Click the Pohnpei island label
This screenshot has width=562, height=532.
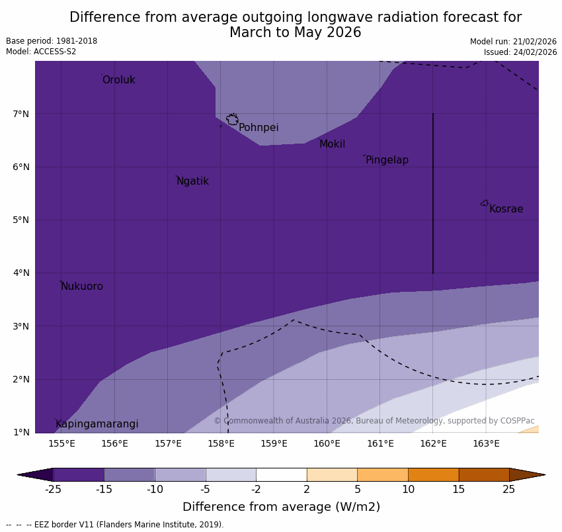coord(259,128)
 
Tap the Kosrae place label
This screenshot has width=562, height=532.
coord(506,209)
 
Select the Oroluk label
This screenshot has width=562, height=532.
coord(118,80)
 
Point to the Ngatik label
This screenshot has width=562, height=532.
coord(192,181)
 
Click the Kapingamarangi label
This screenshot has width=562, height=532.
coord(97,424)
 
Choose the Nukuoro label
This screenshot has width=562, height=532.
coord(82,287)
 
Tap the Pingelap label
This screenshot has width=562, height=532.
coord(387,160)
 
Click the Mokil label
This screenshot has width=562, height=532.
coord(332,144)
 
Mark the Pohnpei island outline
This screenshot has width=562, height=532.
coord(232,120)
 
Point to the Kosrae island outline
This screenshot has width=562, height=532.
coord(485,203)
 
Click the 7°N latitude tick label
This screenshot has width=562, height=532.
coord(21,114)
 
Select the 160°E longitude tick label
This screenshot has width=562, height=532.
coord(327,443)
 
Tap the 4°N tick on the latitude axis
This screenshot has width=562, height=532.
coord(21,273)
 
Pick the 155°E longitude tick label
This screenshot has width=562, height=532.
coord(61,443)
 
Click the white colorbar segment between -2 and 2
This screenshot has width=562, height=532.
coord(281,474)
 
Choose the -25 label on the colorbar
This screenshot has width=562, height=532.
coord(53,490)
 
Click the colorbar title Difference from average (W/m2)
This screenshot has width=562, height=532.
coord(281,507)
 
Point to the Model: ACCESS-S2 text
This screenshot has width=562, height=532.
coord(41,52)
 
